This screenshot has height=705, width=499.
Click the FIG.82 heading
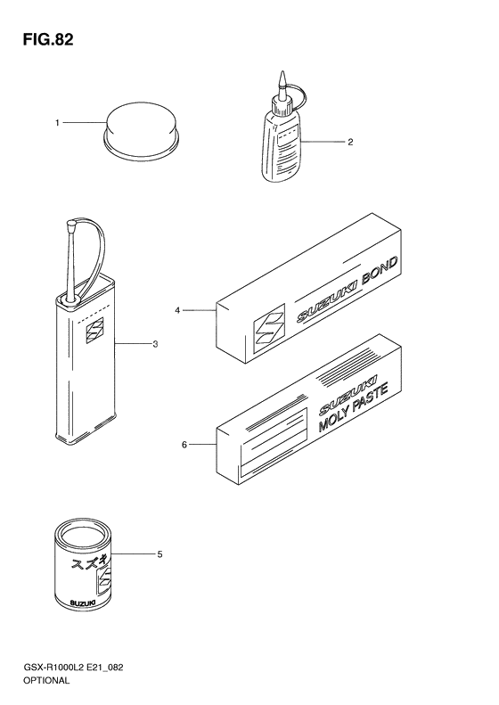[x=48, y=40]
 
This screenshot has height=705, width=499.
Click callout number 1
[x=57, y=123]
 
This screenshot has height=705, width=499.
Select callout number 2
[x=350, y=142]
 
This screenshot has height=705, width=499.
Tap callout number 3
[x=155, y=344]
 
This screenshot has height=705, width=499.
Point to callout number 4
[x=177, y=310]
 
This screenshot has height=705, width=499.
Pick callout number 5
[x=160, y=554]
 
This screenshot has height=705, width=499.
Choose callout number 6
[x=184, y=445]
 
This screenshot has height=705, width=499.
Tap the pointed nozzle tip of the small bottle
[x=282, y=72]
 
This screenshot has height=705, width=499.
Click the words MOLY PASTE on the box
[x=354, y=407]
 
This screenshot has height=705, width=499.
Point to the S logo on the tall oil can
[x=94, y=331]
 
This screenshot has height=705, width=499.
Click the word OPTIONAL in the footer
[x=46, y=680]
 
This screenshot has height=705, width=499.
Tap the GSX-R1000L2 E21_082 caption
[x=73, y=668]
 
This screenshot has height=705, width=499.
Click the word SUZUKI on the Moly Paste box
[x=348, y=395]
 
